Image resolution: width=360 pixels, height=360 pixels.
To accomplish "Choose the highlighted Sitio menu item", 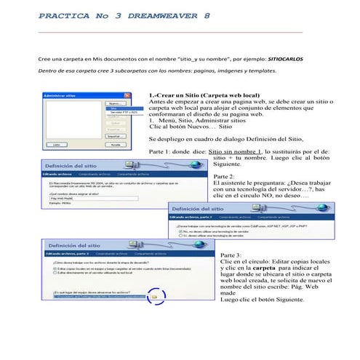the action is coord(113,108).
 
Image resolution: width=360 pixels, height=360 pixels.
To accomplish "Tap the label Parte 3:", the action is coord(230,255).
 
